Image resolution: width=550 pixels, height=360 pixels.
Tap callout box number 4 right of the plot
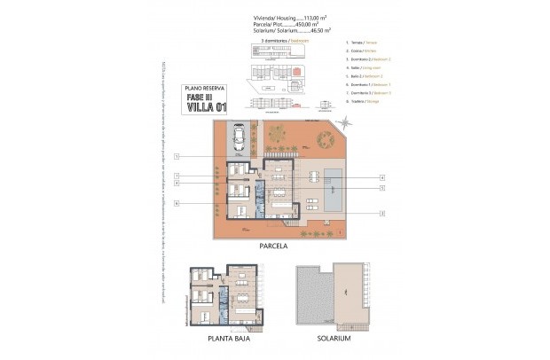tap(381, 176)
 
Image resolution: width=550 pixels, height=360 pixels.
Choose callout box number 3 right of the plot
tap(381, 213)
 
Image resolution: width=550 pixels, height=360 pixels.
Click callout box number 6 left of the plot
tap(177, 204)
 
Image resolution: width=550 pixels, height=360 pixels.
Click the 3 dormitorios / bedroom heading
tap(275, 41)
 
